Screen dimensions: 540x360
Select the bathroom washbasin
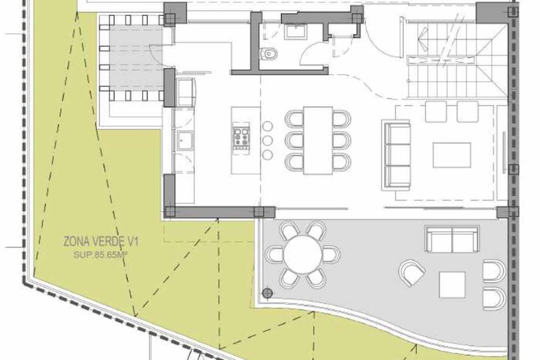295,31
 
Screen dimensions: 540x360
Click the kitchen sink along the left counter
185,141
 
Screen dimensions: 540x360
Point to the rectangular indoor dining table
318,140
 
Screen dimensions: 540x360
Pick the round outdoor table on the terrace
302,255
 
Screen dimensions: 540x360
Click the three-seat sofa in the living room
396,155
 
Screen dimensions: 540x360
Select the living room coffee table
452,155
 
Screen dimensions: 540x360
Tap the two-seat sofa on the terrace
452,239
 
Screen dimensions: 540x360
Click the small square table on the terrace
452,285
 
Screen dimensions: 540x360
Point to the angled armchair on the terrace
412,273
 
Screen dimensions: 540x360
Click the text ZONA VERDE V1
101,242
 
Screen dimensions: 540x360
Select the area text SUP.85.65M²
100,255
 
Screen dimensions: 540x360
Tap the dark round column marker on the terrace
267,293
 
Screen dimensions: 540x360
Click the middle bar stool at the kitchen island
267,140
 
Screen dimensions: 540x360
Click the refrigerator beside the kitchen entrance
185,92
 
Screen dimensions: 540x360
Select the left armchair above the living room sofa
436,112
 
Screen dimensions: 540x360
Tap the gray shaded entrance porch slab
136,58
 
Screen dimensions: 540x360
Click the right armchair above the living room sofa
468,112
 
